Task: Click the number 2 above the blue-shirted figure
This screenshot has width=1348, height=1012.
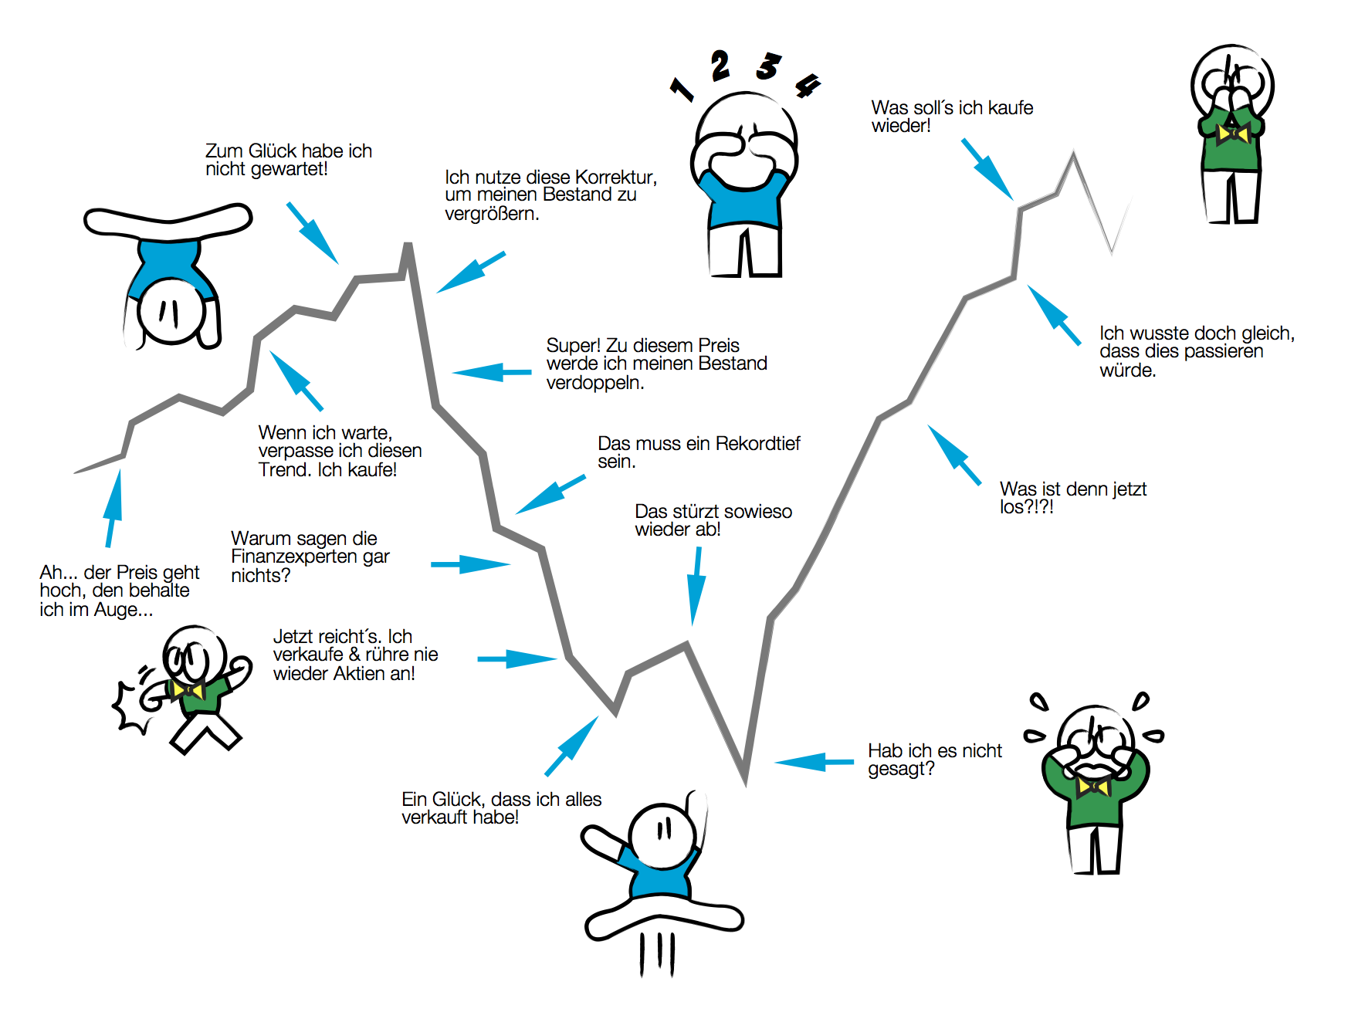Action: (x=720, y=66)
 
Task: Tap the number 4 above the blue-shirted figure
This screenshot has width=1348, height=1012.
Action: (x=808, y=85)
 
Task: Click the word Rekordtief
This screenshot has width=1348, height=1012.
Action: (x=757, y=444)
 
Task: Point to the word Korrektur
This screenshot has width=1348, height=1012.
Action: (x=613, y=178)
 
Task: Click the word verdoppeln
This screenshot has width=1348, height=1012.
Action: (x=594, y=383)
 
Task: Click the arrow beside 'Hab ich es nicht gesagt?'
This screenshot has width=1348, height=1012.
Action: (x=814, y=763)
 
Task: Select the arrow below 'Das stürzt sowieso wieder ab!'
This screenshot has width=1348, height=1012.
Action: (x=696, y=587)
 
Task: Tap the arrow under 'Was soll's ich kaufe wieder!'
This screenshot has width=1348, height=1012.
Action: (x=987, y=169)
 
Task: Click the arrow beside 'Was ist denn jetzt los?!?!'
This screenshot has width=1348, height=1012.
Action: (x=954, y=455)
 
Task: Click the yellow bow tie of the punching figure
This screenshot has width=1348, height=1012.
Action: (x=188, y=689)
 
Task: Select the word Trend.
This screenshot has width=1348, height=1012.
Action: (x=284, y=470)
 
